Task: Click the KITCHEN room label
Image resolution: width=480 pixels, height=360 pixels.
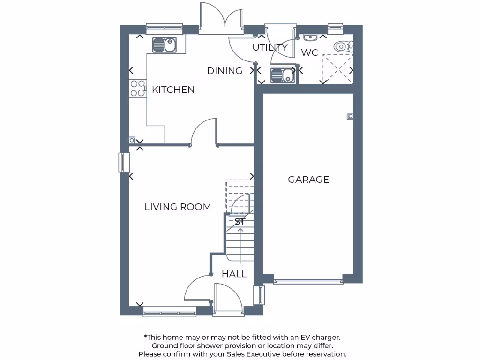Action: (173, 90)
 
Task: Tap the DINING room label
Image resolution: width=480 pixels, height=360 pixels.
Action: (225, 71)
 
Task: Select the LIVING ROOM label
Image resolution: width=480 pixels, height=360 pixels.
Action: (178, 207)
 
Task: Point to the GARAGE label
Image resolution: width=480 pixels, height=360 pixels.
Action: (308, 180)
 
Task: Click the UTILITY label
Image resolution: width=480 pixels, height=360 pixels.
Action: (270, 47)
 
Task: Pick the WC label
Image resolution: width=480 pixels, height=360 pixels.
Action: (309, 53)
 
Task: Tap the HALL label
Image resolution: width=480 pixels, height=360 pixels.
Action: (234, 274)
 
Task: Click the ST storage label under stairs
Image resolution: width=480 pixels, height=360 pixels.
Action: (240, 222)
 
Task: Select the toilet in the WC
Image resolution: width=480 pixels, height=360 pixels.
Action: (344, 46)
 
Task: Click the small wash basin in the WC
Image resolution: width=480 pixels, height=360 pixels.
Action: (310, 37)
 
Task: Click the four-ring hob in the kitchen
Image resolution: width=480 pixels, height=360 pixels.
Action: (138, 89)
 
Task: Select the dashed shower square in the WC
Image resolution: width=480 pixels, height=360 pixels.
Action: (337, 68)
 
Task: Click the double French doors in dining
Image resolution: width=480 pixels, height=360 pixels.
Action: (220, 19)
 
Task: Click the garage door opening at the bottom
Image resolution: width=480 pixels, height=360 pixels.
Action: (308, 281)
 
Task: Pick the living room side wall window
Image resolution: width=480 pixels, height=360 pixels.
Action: (124, 162)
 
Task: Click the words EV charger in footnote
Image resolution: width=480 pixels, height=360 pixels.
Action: (321, 337)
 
